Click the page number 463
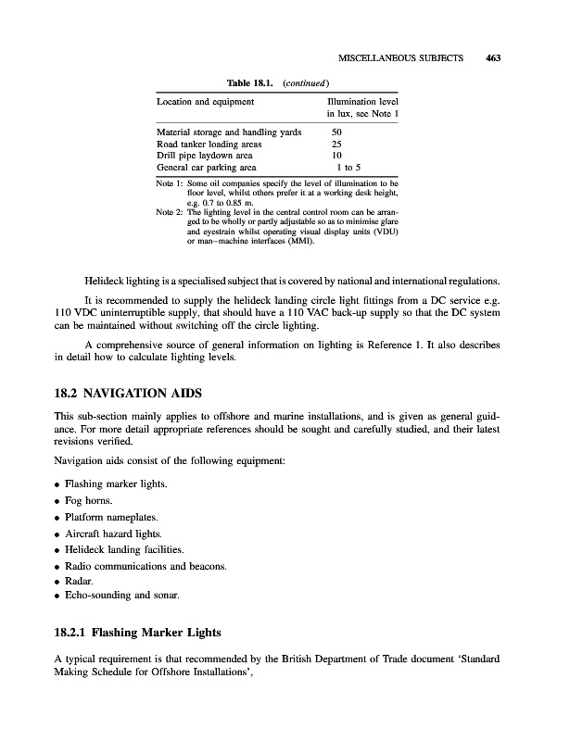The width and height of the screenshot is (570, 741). [x=492, y=57]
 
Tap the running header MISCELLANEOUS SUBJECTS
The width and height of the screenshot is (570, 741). [x=400, y=57]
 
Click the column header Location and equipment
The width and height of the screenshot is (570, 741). [x=202, y=100]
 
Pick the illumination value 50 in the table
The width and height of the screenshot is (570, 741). [x=336, y=132]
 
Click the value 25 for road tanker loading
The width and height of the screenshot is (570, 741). [x=336, y=144]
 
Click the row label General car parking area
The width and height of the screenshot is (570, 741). [x=207, y=169]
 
